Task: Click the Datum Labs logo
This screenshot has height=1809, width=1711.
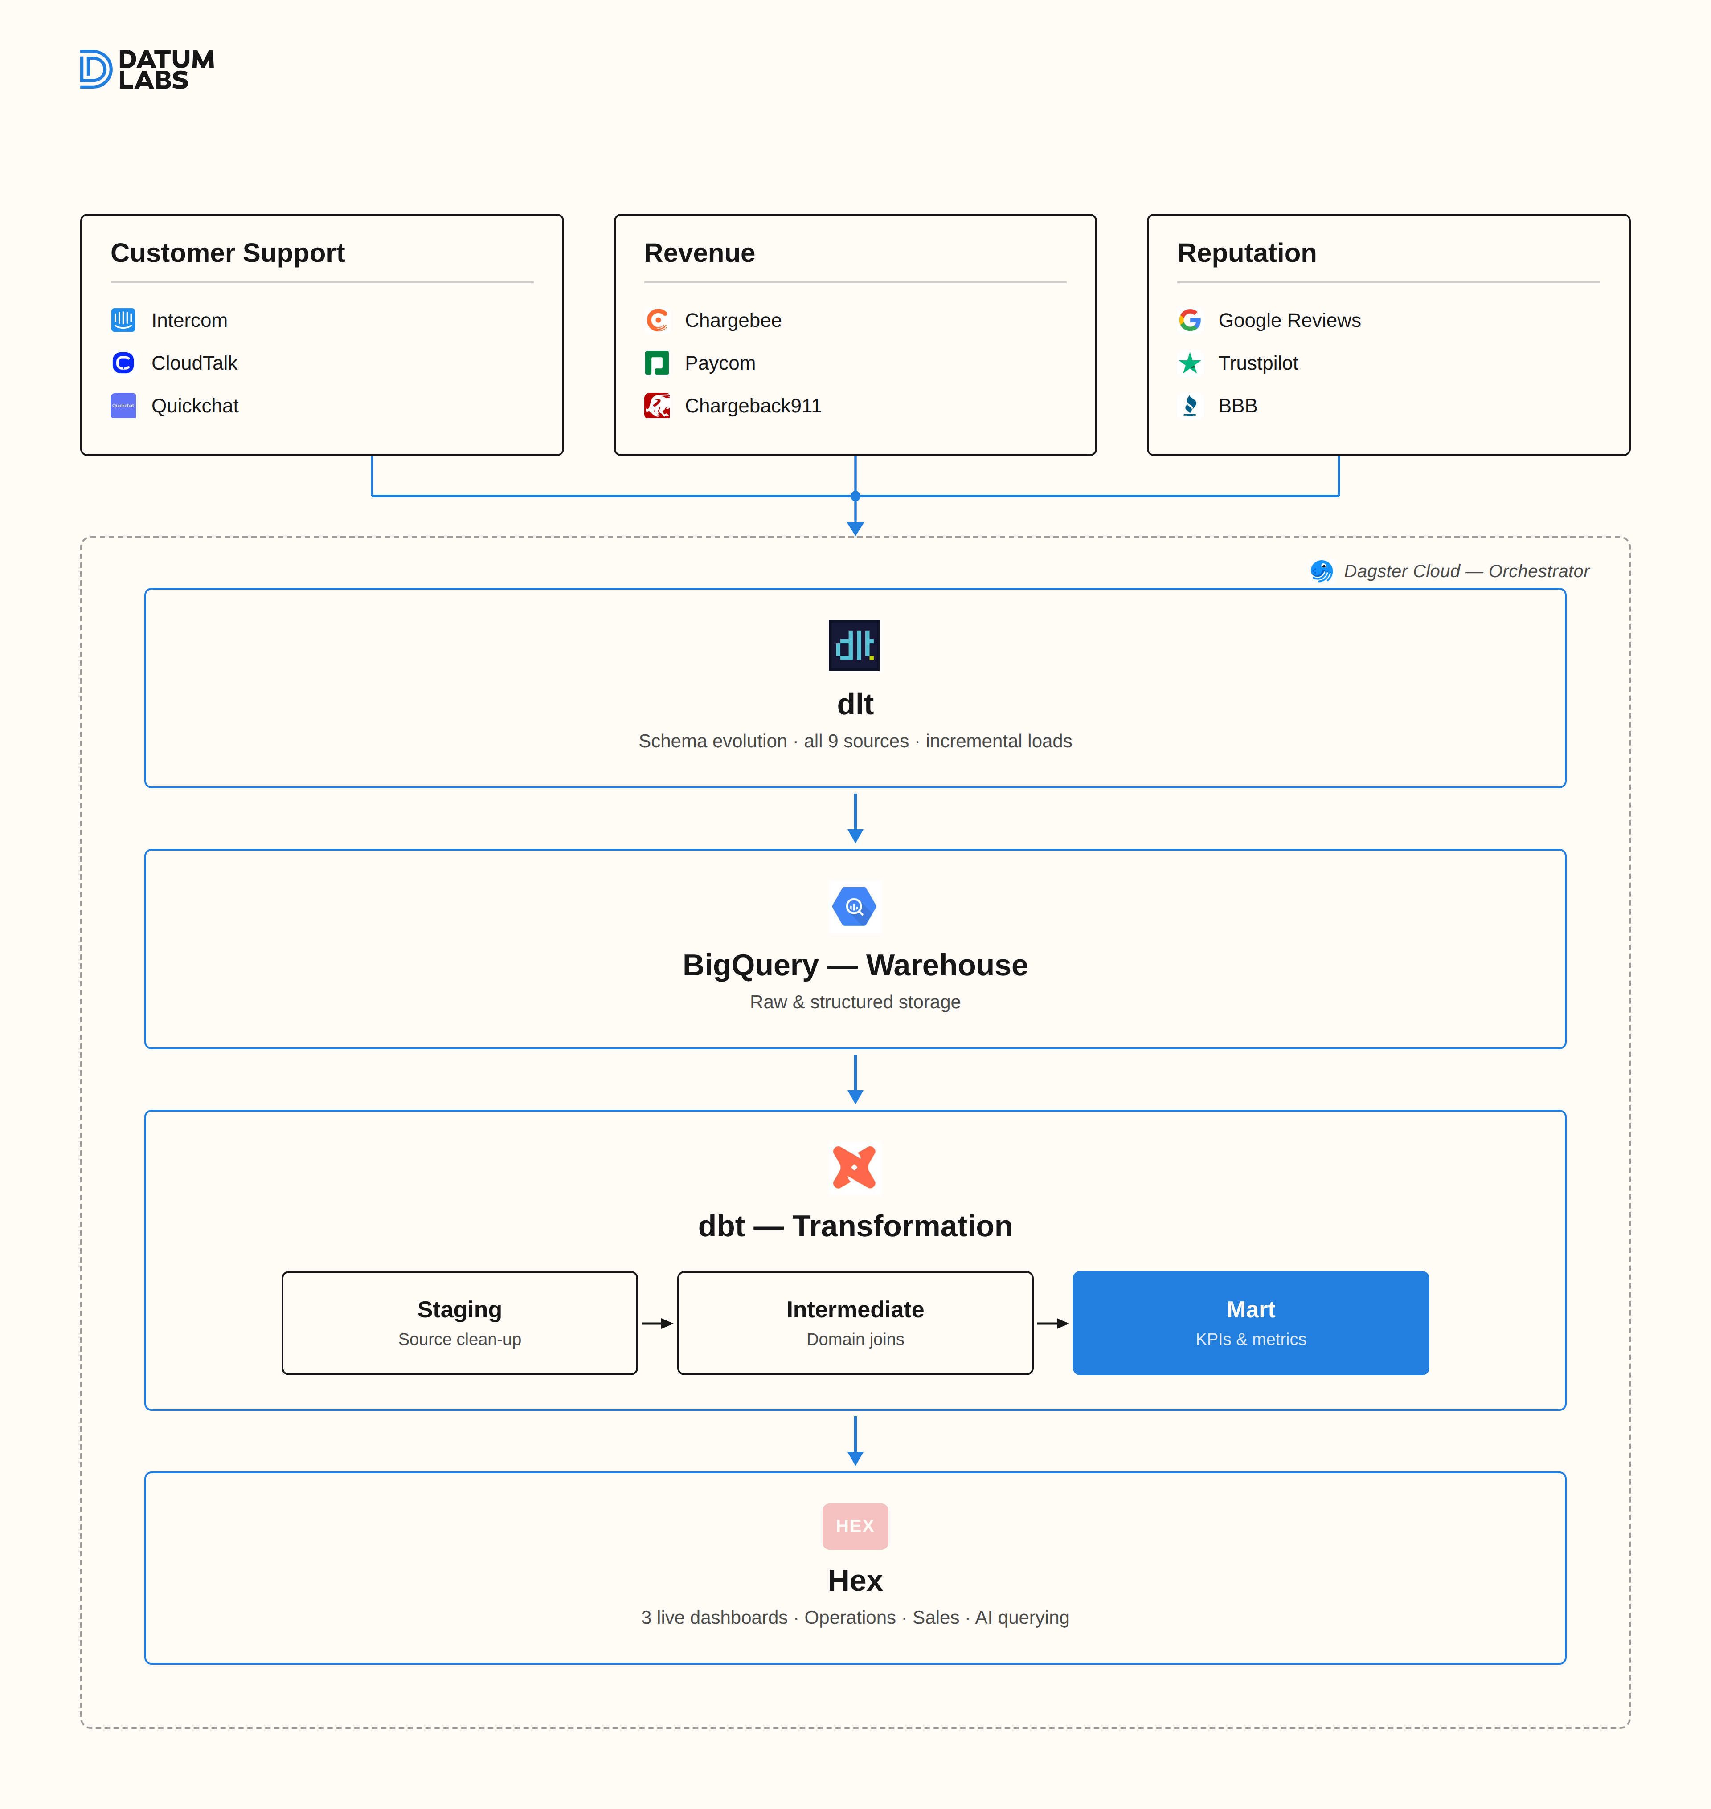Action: (147, 69)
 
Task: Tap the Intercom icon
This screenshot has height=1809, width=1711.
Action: (123, 320)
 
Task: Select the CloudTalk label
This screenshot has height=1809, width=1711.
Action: (194, 363)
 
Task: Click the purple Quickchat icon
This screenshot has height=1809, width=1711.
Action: (123, 406)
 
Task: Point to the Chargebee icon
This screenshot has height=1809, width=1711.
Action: (657, 320)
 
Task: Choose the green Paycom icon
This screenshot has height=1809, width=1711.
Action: (657, 363)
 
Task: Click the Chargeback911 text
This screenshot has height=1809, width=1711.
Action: (753, 406)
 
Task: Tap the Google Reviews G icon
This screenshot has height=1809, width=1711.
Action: (1190, 320)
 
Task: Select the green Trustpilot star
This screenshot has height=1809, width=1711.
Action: (1190, 363)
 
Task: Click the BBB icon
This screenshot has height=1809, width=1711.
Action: (1190, 406)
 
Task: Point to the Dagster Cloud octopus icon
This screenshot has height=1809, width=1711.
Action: (1322, 571)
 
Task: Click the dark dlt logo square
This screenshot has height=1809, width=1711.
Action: (854, 646)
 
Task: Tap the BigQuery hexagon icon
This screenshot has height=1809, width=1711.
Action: (855, 906)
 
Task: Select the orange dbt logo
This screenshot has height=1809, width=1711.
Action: (855, 1167)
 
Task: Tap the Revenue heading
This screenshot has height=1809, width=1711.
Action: (700, 253)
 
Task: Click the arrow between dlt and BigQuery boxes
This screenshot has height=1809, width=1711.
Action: (855, 818)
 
